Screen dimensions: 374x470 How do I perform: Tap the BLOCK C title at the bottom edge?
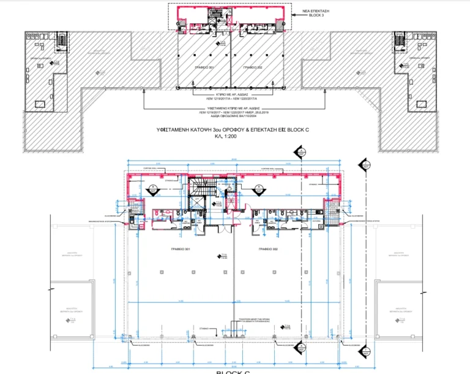point(234,371)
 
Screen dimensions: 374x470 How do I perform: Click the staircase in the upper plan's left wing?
point(61,40)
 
